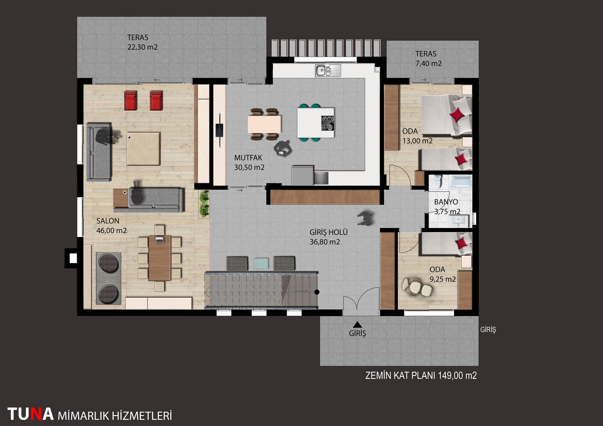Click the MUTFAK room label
248,158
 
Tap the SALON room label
108,221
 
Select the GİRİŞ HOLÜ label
329,232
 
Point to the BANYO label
446,202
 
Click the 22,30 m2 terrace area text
142,47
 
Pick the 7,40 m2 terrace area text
429,63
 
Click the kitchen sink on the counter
328,70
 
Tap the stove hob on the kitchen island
328,123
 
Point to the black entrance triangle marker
357,325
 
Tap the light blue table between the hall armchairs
261,263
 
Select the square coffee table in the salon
143,148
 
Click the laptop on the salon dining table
159,240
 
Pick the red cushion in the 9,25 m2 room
462,242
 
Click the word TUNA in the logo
31,414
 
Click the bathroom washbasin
459,220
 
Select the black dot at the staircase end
317,292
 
